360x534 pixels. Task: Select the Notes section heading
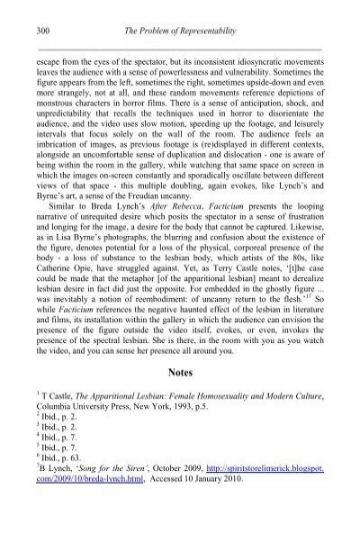pos(179,395)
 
